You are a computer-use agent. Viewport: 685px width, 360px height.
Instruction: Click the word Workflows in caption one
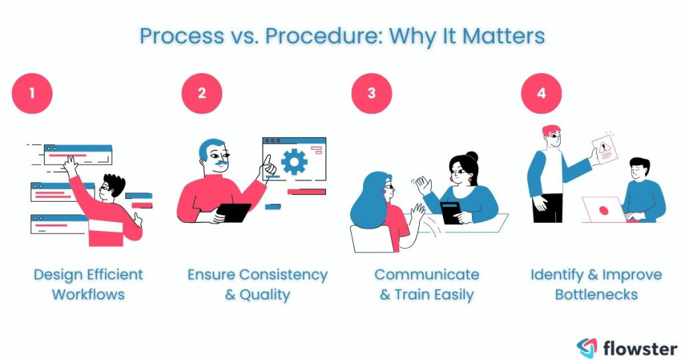click(88, 294)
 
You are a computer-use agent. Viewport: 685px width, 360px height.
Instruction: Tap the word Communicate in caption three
click(426, 275)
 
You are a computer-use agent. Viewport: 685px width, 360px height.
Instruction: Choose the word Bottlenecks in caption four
click(597, 294)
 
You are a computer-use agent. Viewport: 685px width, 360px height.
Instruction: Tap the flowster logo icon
click(587, 347)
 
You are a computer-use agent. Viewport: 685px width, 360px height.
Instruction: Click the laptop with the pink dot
click(603, 210)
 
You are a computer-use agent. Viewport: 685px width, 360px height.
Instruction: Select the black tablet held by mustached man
click(234, 212)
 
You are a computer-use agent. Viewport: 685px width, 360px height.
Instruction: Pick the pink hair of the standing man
click(551, 130)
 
